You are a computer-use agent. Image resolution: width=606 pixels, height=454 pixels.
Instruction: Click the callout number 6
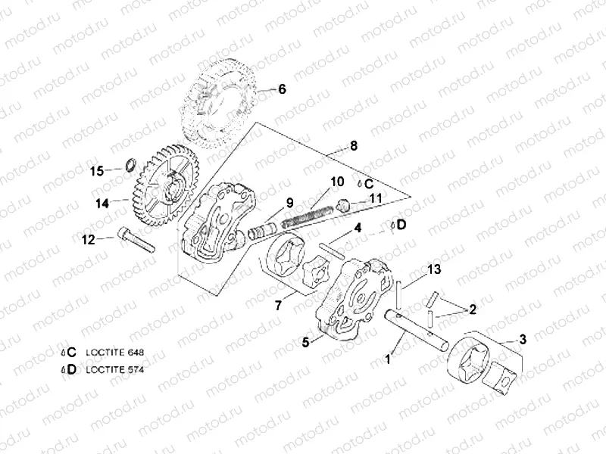(x=282, y=89)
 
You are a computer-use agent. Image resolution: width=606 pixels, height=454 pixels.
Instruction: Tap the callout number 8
(x=353, y=144)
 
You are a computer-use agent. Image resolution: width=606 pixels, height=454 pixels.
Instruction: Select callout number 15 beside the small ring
(x=97, y=171)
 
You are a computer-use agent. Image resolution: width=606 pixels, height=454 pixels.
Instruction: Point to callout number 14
(x=102, y=202)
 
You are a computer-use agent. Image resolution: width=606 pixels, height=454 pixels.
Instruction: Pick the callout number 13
(x=433, y=269)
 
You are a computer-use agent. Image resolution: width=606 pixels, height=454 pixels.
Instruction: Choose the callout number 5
(x=306, y=342)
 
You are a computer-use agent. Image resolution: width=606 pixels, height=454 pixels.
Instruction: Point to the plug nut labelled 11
(x=343, y=204)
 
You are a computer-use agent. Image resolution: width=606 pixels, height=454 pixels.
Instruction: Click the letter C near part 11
(x=369, y=183)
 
